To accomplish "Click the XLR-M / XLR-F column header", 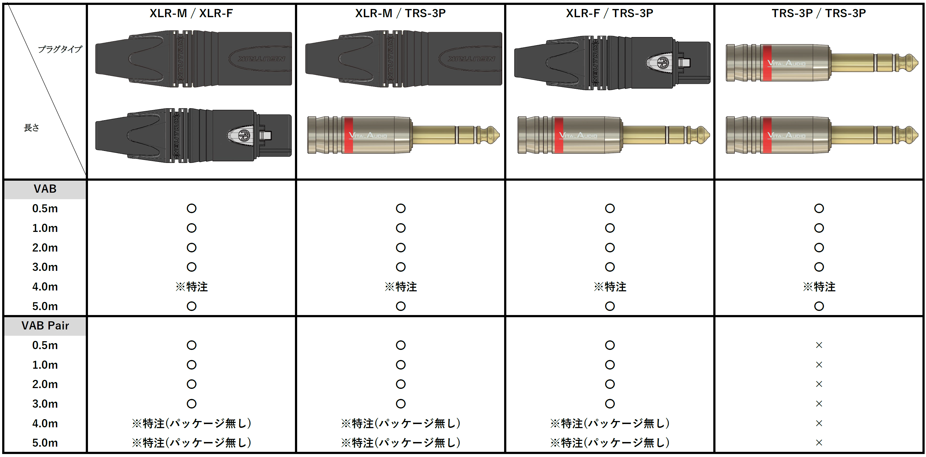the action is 191,13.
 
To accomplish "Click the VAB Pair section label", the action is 45,326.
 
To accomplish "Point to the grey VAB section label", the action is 45,189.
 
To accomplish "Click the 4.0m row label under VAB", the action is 45,287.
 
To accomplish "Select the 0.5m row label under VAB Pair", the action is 45,346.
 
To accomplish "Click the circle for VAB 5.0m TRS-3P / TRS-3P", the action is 819,306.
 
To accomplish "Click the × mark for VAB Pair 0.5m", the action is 819,345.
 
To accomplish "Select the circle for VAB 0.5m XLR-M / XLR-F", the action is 191,208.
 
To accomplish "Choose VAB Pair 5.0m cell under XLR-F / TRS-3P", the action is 610,443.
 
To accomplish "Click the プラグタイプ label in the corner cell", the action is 60,49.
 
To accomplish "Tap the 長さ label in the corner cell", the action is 32,128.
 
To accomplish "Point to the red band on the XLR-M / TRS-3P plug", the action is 348,135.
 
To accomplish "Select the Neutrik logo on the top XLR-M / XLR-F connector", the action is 262,58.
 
